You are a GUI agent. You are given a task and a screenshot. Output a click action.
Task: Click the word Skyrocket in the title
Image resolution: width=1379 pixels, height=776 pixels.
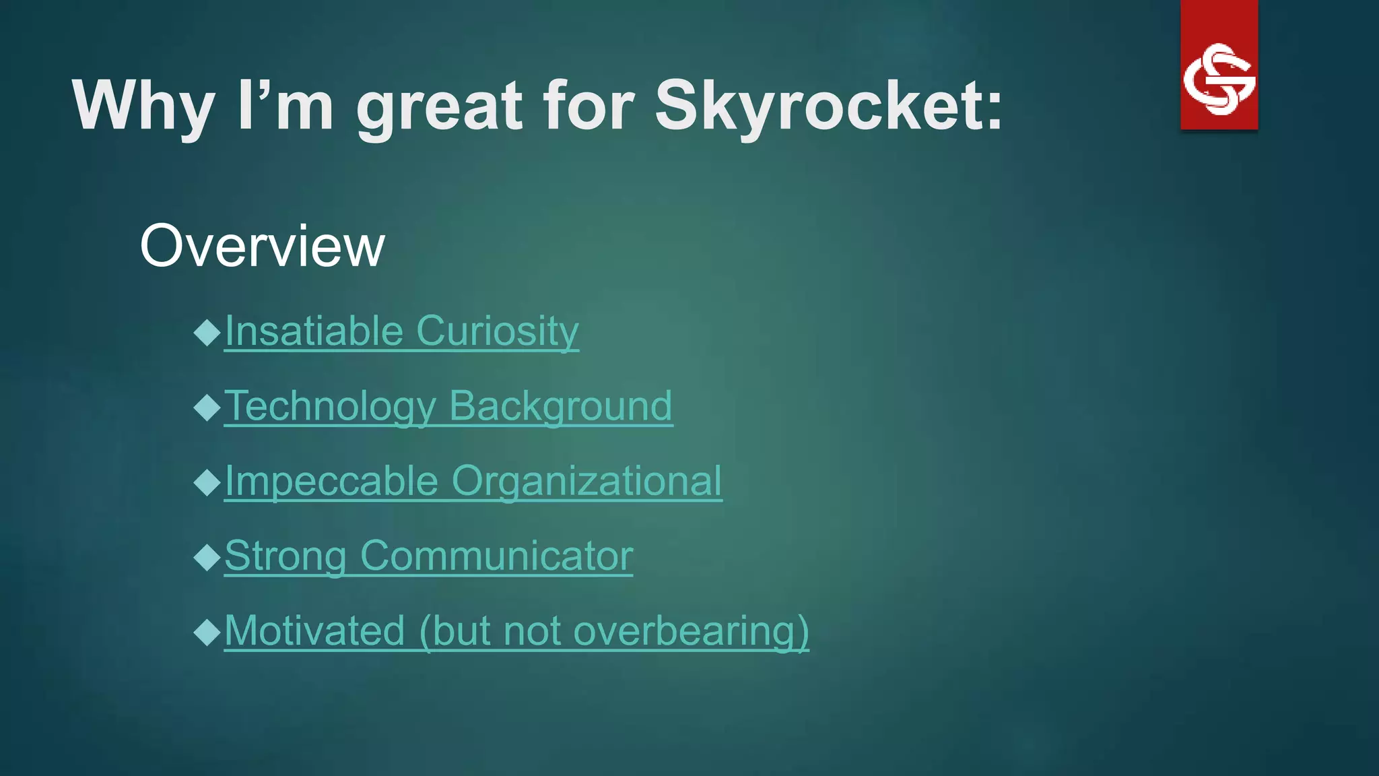click(828, 106)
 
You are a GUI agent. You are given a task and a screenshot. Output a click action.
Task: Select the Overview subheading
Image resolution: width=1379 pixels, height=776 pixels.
click(262, 246)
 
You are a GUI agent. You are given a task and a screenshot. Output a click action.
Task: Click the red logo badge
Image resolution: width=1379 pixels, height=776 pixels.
click(1219, 65)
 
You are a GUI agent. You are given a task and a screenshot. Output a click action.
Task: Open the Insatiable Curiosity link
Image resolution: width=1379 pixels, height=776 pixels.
click(401, 331)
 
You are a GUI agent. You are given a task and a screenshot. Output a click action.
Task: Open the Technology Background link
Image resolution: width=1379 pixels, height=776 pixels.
click(448, 406)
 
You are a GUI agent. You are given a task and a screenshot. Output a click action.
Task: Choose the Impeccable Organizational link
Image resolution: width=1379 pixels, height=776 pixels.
click(473, 481)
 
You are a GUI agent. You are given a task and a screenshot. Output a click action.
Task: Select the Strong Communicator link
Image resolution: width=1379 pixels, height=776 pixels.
click(428, 556)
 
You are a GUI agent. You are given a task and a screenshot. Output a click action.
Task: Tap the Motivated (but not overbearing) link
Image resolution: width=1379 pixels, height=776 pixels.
click(516, 631)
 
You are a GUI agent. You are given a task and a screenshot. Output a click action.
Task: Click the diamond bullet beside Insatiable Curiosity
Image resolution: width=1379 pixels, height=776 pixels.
click(207, 332)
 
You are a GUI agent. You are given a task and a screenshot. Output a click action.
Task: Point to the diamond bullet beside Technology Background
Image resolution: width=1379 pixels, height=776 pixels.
click(207, 408)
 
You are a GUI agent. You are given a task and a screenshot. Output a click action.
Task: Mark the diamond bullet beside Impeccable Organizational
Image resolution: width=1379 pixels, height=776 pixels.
click(207, 482)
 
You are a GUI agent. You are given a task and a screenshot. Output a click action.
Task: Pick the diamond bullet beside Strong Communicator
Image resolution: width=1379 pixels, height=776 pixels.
click(207, 558)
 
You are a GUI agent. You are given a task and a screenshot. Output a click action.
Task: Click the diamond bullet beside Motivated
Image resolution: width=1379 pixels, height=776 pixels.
click(207, 633)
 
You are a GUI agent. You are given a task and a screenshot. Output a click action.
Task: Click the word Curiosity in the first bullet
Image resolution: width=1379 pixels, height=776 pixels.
click(497, 331)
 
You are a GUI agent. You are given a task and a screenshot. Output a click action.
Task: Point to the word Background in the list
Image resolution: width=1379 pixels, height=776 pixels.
click(560, 406)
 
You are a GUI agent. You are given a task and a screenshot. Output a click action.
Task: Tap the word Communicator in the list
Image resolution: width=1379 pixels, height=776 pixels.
click(496, 556)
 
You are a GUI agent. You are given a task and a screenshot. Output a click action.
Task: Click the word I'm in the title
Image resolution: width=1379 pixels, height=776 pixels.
click(285, 106)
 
